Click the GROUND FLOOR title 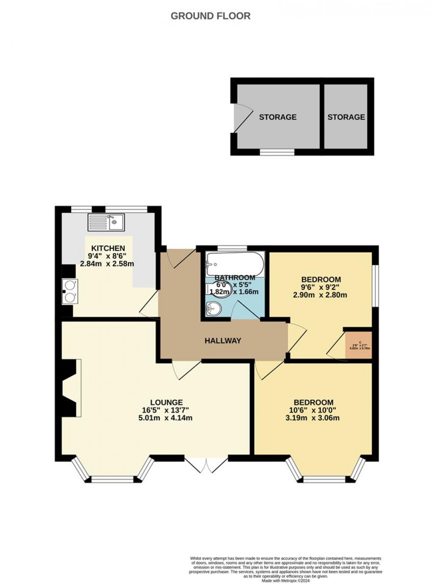[210, 16]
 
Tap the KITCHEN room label [109, 248]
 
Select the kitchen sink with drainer [106, 222]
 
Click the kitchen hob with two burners [69, 291]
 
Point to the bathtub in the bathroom [235, 264]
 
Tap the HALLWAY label [223, 341]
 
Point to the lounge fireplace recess [71, 387]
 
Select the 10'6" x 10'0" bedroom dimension [314, 410]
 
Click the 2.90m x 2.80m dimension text [321, 295]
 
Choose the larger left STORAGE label [278, 117]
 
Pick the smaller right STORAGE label [346, 117]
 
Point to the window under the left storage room [277, 152]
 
